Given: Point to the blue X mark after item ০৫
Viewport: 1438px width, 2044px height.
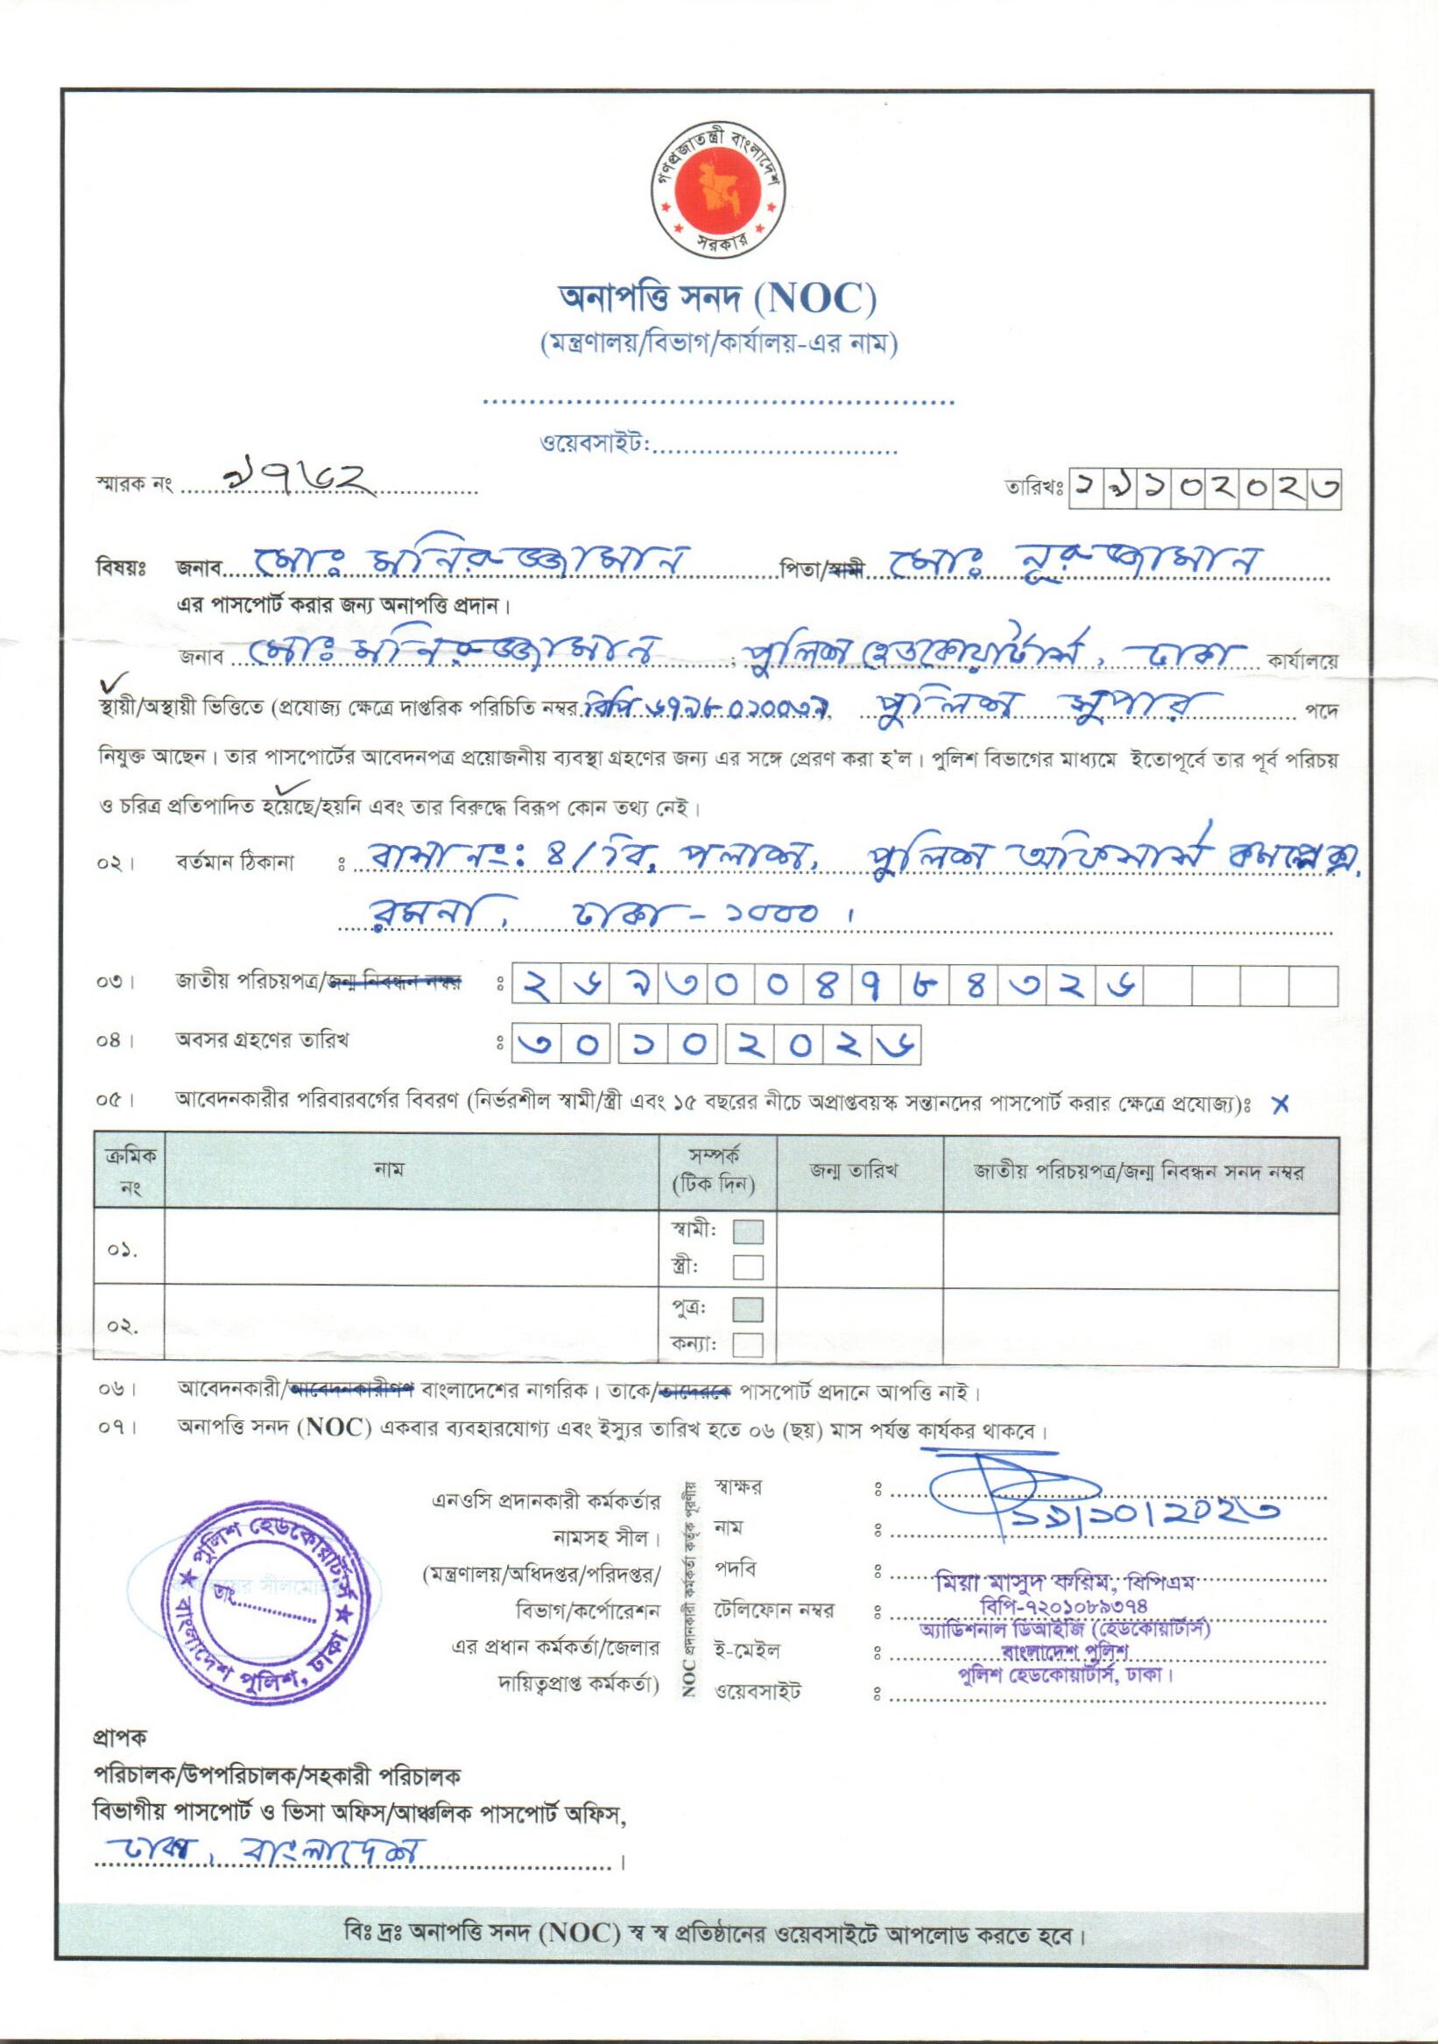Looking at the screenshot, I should click(x=1280, y=1105).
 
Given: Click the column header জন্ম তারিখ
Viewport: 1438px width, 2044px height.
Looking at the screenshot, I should click(x=859, y=1173).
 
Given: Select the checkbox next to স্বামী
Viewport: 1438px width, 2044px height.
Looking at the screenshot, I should click(x=748, y=1231).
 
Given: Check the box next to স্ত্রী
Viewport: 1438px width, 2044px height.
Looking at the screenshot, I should click(x=748, y=1266).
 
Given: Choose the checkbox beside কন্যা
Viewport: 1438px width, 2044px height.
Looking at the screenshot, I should click(x=748, y=1344).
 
